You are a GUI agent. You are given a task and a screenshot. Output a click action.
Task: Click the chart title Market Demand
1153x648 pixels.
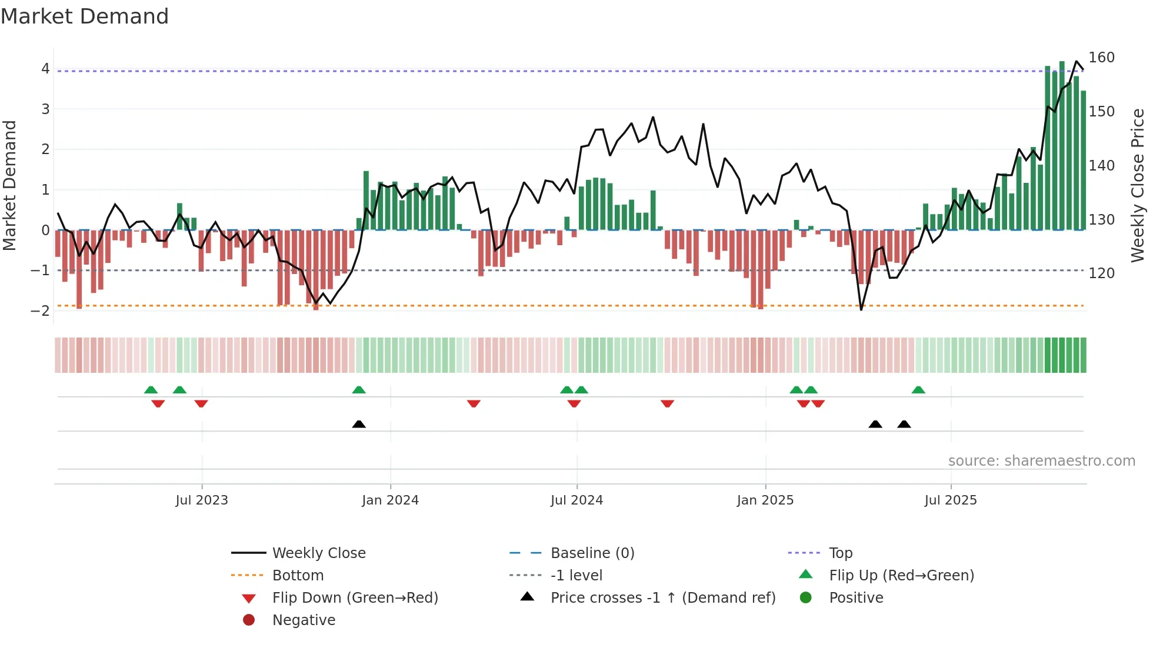pyautogui.click(x=85, y=16)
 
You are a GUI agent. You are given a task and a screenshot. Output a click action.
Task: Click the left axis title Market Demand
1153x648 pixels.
pyautogui.click(x=10, y=186)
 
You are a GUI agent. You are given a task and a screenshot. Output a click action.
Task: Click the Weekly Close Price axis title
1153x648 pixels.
pyautogui.click(x=1138, y=186)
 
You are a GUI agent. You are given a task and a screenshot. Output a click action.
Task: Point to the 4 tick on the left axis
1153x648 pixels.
pyautogui.click(x=45, y=69)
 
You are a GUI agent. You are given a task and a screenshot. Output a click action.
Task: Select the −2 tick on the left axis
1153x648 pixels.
pyautogui.click(x=41, y=311)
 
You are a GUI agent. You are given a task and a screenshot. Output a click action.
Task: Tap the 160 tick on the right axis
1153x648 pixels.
pyautogui.click(x=1101, y=58)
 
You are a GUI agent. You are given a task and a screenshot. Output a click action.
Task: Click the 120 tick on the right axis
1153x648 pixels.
pyautogui.click(x=1101, y=273)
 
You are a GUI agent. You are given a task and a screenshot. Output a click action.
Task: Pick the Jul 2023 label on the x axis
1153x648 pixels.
pyautogui.click(x=202, y=500)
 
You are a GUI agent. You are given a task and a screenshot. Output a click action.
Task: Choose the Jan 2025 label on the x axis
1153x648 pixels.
pyautogui.click(x=765, y=500)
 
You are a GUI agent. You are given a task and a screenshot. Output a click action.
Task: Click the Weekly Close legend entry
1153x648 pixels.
pyautogui.click(x=318, y=553)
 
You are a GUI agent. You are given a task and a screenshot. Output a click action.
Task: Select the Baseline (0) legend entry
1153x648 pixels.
pyautogui.click(x=592, y=553)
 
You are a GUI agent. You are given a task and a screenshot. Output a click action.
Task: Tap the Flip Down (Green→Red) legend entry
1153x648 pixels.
pyautogui.click(x=355, y=598)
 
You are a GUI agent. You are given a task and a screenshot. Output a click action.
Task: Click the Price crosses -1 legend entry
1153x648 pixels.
pyautogui.click(x=662, y=598)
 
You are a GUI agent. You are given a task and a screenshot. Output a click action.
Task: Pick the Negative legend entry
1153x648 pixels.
pyautogui.click(x=304, y=620)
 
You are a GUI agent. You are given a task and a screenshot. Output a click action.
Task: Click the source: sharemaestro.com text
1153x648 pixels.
pyautogui.click(x=1041, y=461)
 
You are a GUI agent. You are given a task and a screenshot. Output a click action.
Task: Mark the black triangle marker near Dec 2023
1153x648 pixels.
pyautogui.click(x=359, y=424)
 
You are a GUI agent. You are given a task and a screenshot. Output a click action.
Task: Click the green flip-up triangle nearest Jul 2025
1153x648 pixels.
pyautogui.click(x=918, y=390)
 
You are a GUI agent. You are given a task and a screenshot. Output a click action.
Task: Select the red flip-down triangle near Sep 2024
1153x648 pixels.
pyautogui.click(x=667, y=403)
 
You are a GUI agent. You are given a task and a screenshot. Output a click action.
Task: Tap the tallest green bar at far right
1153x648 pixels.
pyautogui.click(x=1062, y=147)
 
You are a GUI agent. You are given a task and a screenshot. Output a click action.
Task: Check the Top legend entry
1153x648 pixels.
pyautogui.click(x=840, y=553)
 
